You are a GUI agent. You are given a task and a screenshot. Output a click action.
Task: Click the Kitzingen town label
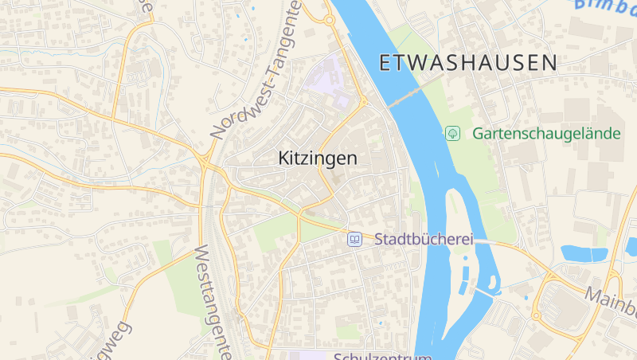pyautogui.click(x=318, y=158)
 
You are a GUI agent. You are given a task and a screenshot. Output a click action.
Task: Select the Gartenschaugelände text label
pyautogui.click(x=546, y=133)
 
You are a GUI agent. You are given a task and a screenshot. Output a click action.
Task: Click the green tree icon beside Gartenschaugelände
pyautogui.click(x=452, y=133)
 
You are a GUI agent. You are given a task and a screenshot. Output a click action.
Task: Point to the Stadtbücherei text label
pyautogui.click(x=424, y=239)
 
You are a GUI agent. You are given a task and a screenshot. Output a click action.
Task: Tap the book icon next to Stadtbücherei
pyautogui.click(x=354, y=239)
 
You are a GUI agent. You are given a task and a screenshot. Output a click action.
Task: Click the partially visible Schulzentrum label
pyautogui.click(x=382, y=356)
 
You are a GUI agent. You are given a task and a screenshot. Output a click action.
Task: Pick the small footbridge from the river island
pyautogui.click(x=483, y=292)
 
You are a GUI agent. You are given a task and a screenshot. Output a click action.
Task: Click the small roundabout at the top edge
pyautogui.click(x=329, y=20)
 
